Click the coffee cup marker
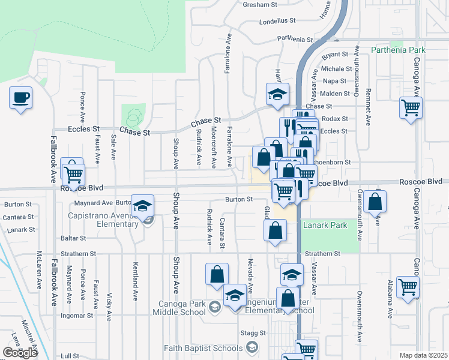point(21,98)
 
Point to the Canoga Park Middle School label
point(175,308)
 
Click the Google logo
point(19,353)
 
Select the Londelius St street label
point(278,20)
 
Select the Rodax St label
point(334,119)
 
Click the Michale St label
point(336,69)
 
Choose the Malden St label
point(335,94)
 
